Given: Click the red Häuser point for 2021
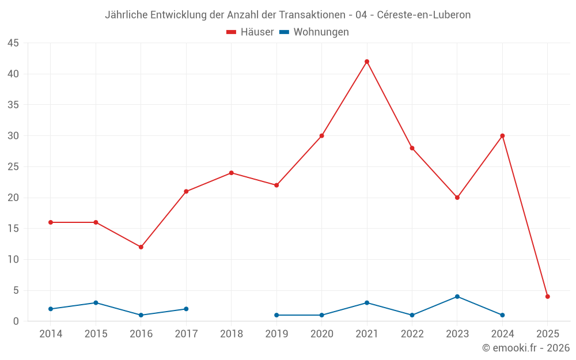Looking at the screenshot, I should click(x=367, y=62).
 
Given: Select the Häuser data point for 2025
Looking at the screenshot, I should click(x=548, y=297).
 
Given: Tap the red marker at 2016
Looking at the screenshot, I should click(x=141, y=247).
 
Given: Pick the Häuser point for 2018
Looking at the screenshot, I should click(x=232, y=173).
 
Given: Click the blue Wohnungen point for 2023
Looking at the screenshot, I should click(x=457, y=297).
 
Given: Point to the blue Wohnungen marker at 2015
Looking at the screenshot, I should click(x=96, y=303).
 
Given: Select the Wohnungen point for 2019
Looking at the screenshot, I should click(x=276, y=315).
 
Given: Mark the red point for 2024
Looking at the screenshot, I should click(x=502, y=136).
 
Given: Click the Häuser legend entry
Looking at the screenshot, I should click(x=250, y=32).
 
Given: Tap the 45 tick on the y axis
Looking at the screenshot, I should click(x=13, y=43).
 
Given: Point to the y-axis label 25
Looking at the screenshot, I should click(x=13, y=167).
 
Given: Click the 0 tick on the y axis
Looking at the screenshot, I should click(x=16, y=321).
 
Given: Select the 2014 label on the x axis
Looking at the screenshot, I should click(x=51, y=334).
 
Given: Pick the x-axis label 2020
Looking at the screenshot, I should click(x=322, y=334).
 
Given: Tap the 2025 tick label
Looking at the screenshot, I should click(x=548, y=334).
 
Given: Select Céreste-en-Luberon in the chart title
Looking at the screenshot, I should click(x=424, y=15).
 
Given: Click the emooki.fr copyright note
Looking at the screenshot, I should click(x=526, y=348).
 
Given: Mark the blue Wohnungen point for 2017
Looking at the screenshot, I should click(x=186, y=309).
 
